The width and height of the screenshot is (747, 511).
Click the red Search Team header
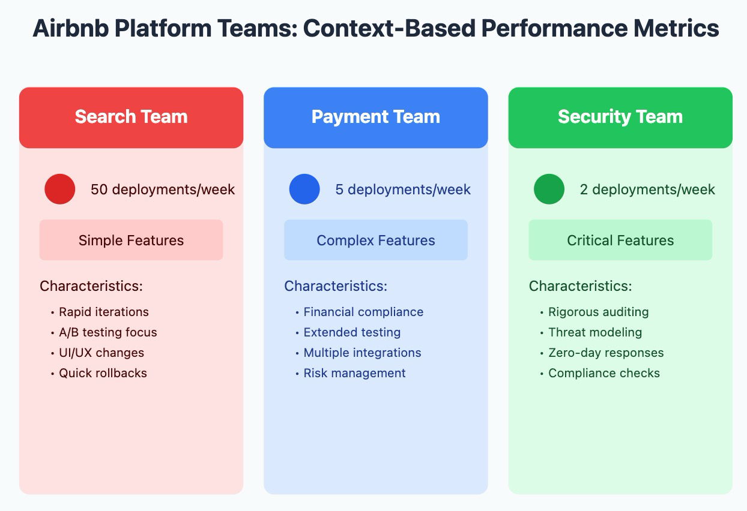point(131,117)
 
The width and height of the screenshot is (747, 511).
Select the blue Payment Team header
point(375,117)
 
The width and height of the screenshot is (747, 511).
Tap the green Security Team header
point(620,117)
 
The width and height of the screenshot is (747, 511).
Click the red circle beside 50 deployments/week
point(60,190)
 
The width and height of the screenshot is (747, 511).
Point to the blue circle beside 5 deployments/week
point(304,190)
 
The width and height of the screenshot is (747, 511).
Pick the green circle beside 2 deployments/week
point(549,190)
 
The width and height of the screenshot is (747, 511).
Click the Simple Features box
point(131,241)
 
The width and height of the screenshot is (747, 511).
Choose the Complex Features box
point(375,241)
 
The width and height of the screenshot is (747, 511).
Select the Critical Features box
point(620,241)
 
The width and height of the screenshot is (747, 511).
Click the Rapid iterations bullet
point(103,312)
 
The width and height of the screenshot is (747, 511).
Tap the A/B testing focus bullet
point(107,332)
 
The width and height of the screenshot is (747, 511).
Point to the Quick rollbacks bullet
point(103,373)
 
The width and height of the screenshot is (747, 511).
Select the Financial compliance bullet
point(363,312)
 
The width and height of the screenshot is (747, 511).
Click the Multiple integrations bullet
point(362,353)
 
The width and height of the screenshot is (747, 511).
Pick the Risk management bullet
point(354,373)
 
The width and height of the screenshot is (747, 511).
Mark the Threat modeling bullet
point(594,332)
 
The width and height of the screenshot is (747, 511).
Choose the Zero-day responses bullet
point(605,353)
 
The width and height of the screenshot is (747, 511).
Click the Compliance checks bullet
point(603,373)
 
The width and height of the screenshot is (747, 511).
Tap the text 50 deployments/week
point(163,190)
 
